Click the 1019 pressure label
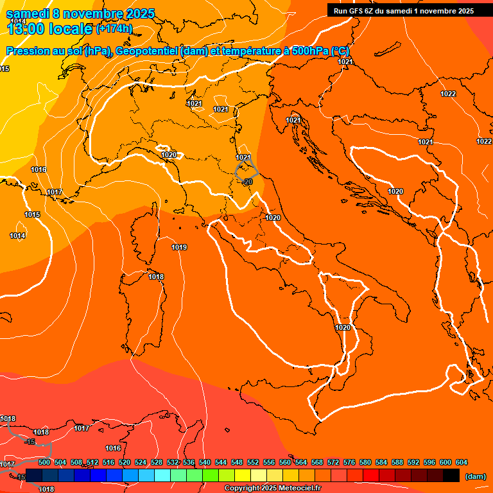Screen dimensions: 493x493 [179, 247]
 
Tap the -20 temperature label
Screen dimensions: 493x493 [248, 182]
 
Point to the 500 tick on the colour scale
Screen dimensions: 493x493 [44, 462]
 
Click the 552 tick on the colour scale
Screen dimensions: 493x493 [253, 462]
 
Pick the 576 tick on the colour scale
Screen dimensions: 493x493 [349, 462]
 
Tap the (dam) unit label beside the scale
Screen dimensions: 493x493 [476, 476]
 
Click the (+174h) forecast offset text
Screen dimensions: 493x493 [114, 28]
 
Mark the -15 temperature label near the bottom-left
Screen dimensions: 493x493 [30, 442]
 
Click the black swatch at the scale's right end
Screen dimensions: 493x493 [451, 475]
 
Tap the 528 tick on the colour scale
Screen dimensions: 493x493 [157, 462]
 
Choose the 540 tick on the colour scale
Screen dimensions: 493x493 [205, 462]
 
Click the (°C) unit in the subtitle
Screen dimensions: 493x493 [341, 51]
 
